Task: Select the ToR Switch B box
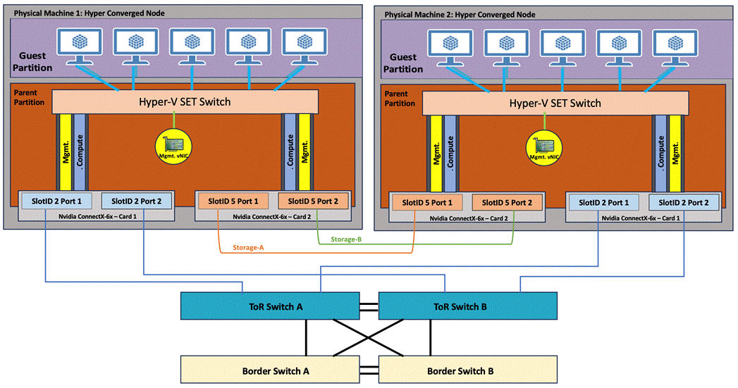click(x=468, y=306)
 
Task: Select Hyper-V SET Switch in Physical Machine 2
click(x=555, y=103)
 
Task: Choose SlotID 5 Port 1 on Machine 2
click(x=426, y=202)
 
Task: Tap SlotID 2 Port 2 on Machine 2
click(x=683, y=202)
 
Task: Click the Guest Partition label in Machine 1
click(x=33, y=62)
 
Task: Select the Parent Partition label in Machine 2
click(x=400, y=99)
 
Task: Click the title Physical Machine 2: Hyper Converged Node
click(x=460, y=14)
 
